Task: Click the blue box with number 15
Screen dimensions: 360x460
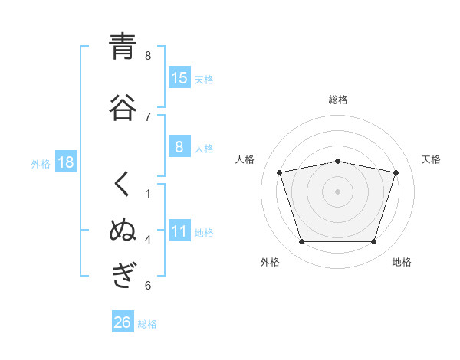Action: (179, 77)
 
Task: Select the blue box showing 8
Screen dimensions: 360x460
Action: (179, 147)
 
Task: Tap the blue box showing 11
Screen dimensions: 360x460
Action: (179, 231)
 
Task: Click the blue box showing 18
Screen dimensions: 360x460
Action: (65, 162)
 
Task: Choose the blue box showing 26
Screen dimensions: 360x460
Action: (123, 322)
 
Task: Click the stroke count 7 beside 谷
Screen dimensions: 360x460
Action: (148, 116)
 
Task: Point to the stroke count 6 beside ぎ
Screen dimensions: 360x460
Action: (148, 286)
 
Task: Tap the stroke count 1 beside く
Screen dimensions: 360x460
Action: (148, 194)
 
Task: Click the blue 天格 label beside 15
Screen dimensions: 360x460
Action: (204, 79)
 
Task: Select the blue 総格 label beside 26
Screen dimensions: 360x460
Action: (147, 324)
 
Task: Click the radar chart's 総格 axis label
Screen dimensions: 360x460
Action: (338, 100)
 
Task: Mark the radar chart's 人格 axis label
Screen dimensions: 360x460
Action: (245, 159)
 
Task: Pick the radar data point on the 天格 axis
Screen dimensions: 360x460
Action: (396, 173)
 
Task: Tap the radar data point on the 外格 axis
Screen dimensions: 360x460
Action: (301, 242)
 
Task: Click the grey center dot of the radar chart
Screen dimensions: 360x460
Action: (338, 191)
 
